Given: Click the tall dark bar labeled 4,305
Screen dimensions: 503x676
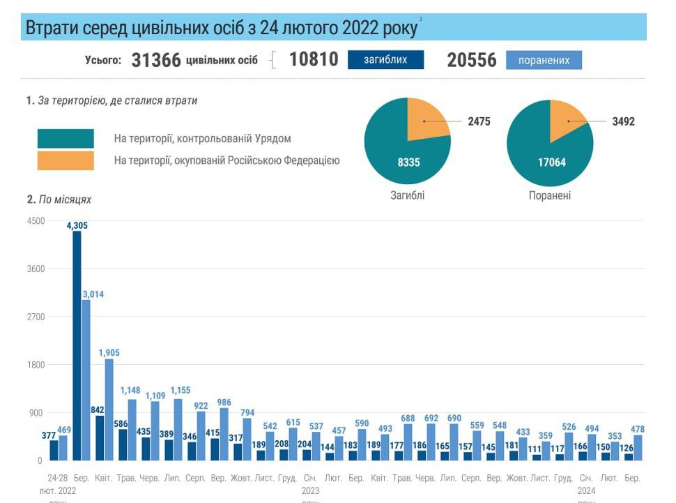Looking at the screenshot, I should click(x=77, y=345).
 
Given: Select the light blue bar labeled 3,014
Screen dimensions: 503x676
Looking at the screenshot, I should click(x=86, y=380).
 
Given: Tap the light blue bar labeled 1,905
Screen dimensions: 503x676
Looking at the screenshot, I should click(x=109, y=410).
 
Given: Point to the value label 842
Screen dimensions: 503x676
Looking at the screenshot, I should click(x=98, y=410).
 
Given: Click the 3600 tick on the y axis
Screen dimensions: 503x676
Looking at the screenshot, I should click(x=35, y=269).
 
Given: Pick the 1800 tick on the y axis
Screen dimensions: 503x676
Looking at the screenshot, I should click(x=35, y=365).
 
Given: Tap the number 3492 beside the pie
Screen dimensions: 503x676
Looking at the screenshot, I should click(x=623, y=121).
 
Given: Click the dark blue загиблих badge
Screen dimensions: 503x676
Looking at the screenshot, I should click(x=385, y=60).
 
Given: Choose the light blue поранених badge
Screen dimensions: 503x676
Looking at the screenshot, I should click(x=544, y=61).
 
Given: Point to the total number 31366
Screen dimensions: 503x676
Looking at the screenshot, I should click(x=156, y=61).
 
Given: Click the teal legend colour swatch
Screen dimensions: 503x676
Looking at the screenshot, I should click(x=66, y=138).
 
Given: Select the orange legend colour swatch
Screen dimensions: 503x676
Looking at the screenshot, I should click(x=66, y=160).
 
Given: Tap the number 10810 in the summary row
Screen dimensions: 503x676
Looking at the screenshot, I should click(x=314, y=60).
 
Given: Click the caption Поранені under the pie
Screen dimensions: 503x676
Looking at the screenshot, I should click(x=550, y=195).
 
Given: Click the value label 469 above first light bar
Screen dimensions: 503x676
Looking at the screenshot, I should click(x=63, y=429).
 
